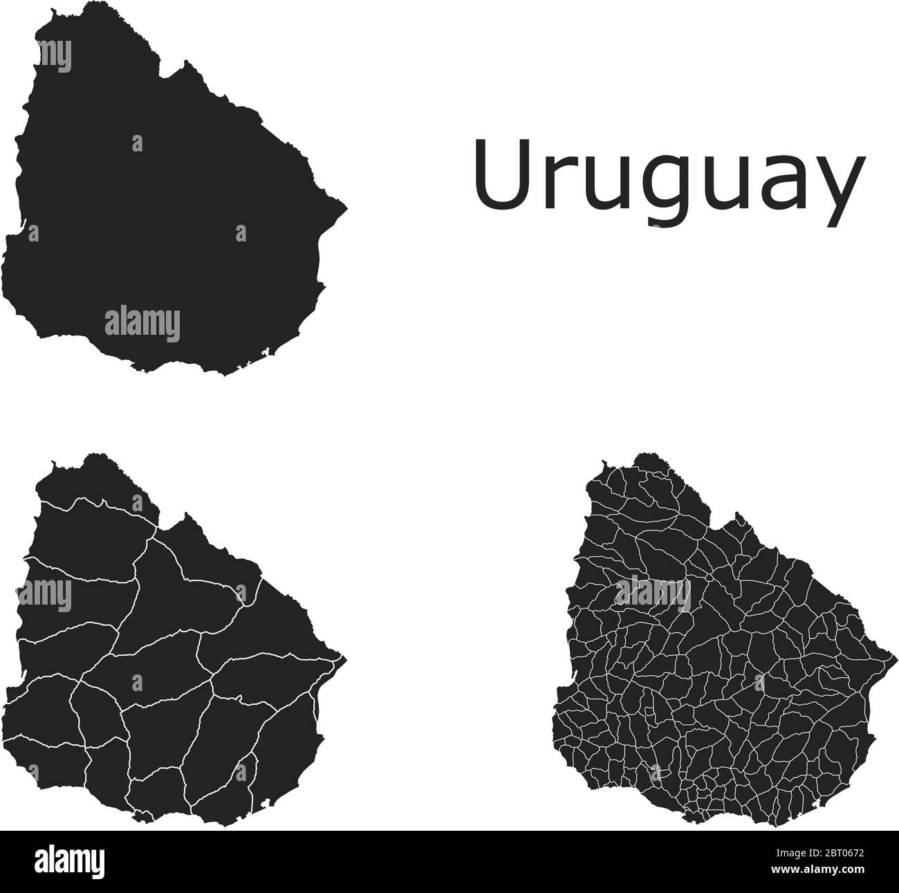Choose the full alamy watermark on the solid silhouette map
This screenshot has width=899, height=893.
click(x=142, y=324)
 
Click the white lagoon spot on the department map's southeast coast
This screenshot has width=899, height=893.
click(x=265, y=804)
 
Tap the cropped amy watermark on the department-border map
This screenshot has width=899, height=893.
click(x=45, y=595)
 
